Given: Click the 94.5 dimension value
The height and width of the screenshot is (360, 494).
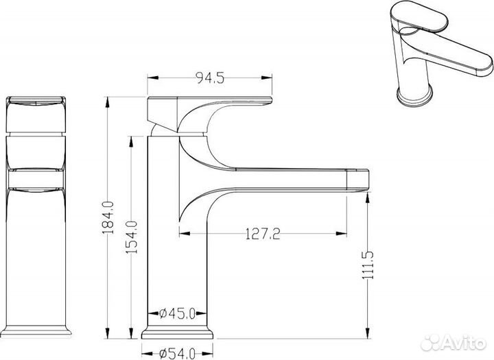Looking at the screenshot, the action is click(x=210, y=77).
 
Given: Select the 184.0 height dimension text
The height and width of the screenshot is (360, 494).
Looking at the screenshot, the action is click(x=108, y=217).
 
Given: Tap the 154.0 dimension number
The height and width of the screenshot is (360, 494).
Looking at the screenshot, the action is click(x=131, y=237).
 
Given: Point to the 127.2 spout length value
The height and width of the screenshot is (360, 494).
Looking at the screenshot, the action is click(x=262, y=234).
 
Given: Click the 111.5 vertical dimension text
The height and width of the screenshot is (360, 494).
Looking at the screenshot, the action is click(x=368, y=265).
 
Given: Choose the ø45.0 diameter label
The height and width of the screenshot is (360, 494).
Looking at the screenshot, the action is click(x=178, y=313).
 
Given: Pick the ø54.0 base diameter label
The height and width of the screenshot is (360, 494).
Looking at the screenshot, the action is click(x=178, y=354).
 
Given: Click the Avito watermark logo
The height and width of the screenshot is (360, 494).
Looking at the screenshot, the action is click(x=454, y=342).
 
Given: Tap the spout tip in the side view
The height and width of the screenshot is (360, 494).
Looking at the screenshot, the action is click(x=357, y=180).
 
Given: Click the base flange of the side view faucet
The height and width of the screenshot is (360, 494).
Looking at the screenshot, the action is click(x=178, y=333).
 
